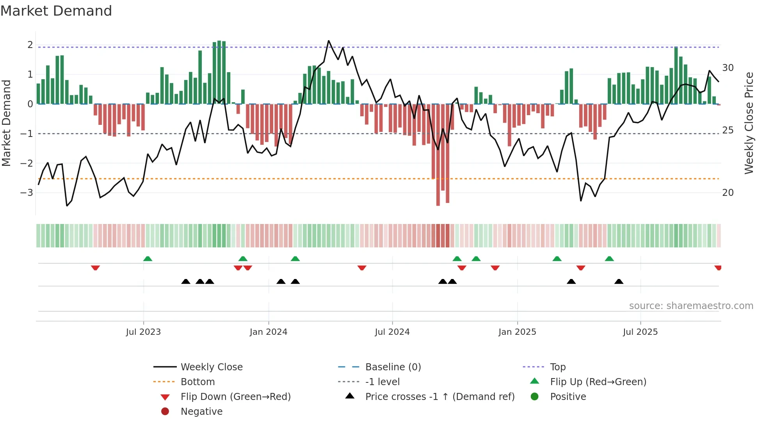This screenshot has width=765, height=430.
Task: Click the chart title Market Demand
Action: tap(56, 11)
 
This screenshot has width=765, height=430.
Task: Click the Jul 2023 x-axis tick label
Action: tap(143, 332)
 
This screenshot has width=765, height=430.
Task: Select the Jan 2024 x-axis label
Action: tap(268, 332)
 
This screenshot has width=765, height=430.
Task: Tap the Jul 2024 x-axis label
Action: tap(392, 332)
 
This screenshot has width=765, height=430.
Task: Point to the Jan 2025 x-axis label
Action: tap(517, 332)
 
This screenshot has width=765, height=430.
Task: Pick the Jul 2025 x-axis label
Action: tap(640, 332)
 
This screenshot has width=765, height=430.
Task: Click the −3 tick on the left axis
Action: tap(27, 193)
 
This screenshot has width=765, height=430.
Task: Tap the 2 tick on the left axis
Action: tap(30, 45)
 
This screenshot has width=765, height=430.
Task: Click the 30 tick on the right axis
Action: tap(728, 68)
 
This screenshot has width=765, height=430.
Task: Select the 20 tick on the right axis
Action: tap(728, 193)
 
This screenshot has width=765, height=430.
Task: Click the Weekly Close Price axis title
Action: tap(749, 123)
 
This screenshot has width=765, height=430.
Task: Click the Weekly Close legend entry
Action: tap(211, 367)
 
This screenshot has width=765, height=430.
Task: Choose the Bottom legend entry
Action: tap(197, 382)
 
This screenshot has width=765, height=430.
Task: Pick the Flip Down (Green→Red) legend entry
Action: tap(235, 397)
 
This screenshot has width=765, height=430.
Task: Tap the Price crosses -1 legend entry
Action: tap(439, 397)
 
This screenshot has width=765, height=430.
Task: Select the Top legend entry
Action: tap(557, 367)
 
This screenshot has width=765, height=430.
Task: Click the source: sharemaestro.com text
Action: tap(691, 306)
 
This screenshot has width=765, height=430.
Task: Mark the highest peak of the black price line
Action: tap(329, 41)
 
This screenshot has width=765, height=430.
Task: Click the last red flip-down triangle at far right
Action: tap(718, 268)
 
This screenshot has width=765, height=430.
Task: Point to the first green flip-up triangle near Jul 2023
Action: tap(148, 259)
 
